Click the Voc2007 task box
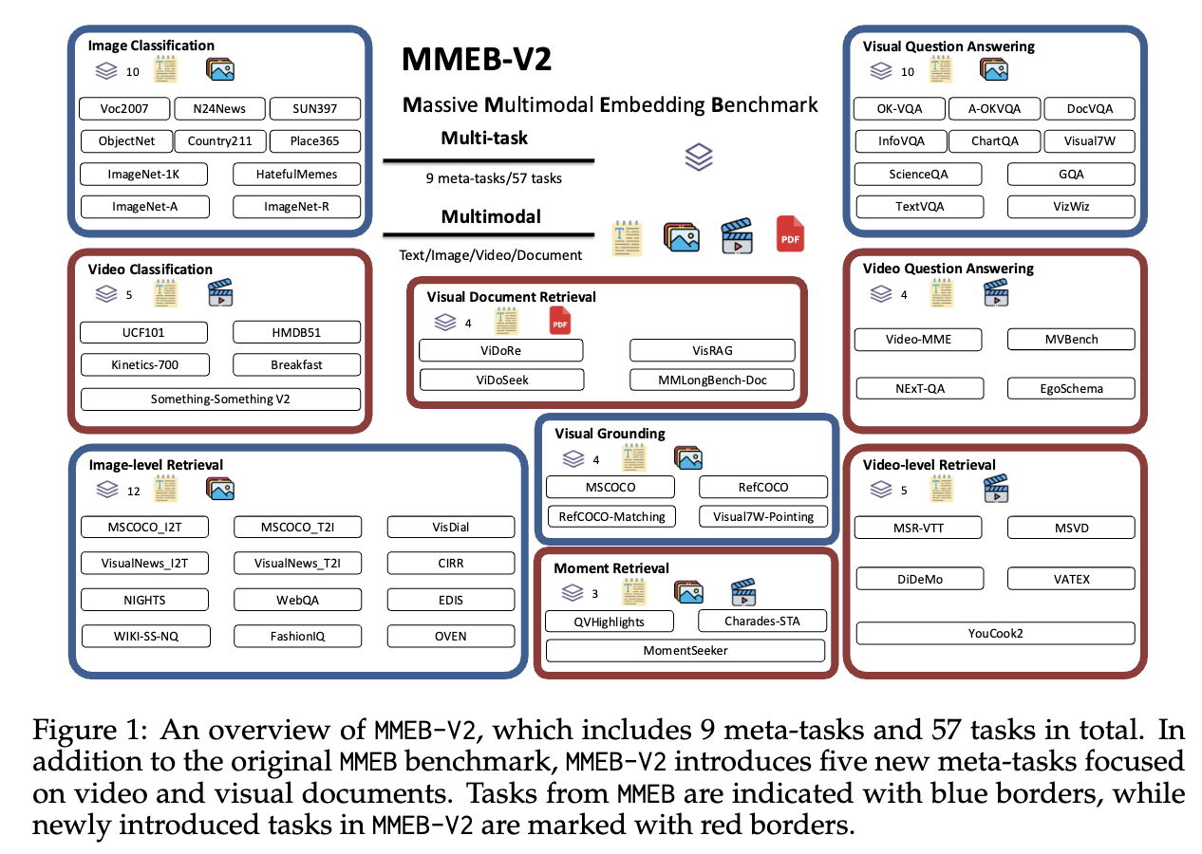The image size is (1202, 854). point(124,109)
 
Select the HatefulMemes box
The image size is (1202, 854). point(296,174)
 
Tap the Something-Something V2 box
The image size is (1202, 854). point(220,399)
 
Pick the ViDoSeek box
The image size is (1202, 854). point(501,380)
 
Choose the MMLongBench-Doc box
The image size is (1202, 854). point(712,380)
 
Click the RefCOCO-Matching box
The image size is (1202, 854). point(610,516)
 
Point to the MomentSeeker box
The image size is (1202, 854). point(685,651)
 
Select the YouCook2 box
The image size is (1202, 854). point(995,634)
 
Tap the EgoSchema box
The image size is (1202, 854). point(1070,388)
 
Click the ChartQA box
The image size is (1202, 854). point(995,141)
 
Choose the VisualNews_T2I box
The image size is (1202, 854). point(297,564)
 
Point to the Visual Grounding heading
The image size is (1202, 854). point(610,434)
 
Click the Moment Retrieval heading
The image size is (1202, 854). point(611,568)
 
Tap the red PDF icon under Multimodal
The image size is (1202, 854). point(790,233)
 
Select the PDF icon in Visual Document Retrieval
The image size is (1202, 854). point(560,322)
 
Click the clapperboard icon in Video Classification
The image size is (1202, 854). point(220,294)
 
